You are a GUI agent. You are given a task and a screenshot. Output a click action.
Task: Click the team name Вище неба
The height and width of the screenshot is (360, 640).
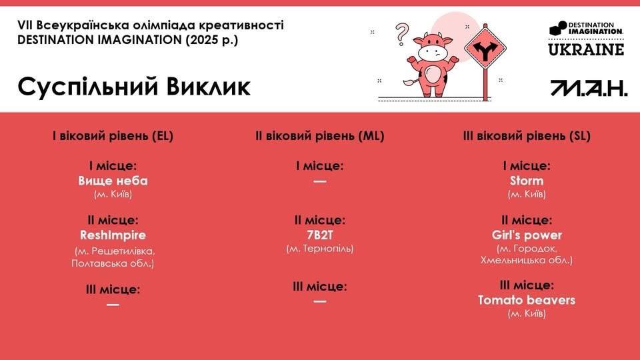[113, 181]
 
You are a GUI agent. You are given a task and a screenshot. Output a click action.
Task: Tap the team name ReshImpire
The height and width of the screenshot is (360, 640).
[113, 235]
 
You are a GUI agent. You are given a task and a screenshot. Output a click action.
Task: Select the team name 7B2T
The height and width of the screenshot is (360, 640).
[319, 235]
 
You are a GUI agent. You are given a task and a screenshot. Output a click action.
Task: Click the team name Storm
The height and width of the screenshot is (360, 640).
[527, 181]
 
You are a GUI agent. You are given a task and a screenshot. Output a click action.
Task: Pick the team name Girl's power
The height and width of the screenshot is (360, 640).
[527, 235]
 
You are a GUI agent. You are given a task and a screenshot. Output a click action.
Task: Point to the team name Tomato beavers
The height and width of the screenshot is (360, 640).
[527, 300]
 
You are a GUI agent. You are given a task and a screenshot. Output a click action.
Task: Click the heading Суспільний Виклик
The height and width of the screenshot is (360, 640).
[134, 87]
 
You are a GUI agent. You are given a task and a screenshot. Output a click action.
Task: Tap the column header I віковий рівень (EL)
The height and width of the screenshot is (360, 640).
[113, 136]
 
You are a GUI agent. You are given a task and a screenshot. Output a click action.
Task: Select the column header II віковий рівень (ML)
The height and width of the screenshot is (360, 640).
[319, 136]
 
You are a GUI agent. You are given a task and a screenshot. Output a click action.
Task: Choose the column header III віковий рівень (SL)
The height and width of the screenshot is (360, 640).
[527, 136]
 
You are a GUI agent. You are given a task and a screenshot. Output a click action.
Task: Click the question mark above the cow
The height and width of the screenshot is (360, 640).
[401, 33]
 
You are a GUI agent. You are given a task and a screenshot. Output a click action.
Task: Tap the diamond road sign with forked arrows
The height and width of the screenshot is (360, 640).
[485, 49]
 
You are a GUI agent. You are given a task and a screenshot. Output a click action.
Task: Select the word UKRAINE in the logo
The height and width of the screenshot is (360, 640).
[586, 49]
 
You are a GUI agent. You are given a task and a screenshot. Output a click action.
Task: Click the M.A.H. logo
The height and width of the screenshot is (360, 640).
[589, 88]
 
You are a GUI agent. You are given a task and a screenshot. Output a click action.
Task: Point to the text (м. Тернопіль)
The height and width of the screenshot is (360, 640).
[319, 249]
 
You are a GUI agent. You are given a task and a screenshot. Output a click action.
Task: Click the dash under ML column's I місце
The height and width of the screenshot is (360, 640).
[319, 181]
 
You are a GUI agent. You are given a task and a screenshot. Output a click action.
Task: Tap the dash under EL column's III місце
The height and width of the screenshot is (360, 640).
[113, 305]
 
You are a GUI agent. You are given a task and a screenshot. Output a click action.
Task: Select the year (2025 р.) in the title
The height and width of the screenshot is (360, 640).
[211, 40]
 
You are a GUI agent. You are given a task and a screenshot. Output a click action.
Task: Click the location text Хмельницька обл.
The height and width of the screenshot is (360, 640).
[527, 260]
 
